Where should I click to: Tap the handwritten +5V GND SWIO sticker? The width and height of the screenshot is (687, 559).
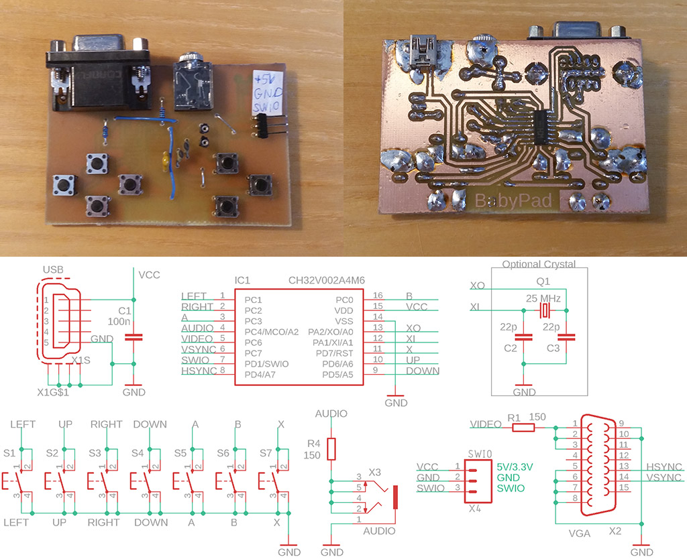[x=267, y=90]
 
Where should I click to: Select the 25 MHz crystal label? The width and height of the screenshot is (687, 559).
[x=544, y=297]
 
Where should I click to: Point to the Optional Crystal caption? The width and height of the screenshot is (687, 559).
[x=539, y=264]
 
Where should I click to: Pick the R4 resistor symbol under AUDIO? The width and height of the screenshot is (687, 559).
[x=331, y=448]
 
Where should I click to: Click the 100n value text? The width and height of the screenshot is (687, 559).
[x=119, y=322]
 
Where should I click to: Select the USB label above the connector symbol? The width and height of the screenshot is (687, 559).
[x=53, y=269]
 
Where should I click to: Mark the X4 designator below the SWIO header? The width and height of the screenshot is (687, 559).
[x=474, y=508]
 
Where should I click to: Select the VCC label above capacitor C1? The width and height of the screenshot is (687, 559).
[x=148, y=275]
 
